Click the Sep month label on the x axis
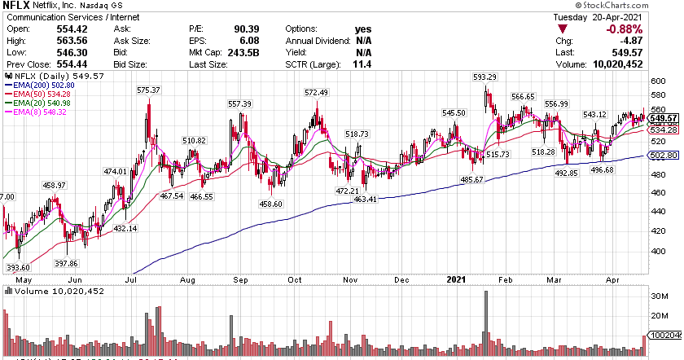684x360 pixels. tap(242, 279)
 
